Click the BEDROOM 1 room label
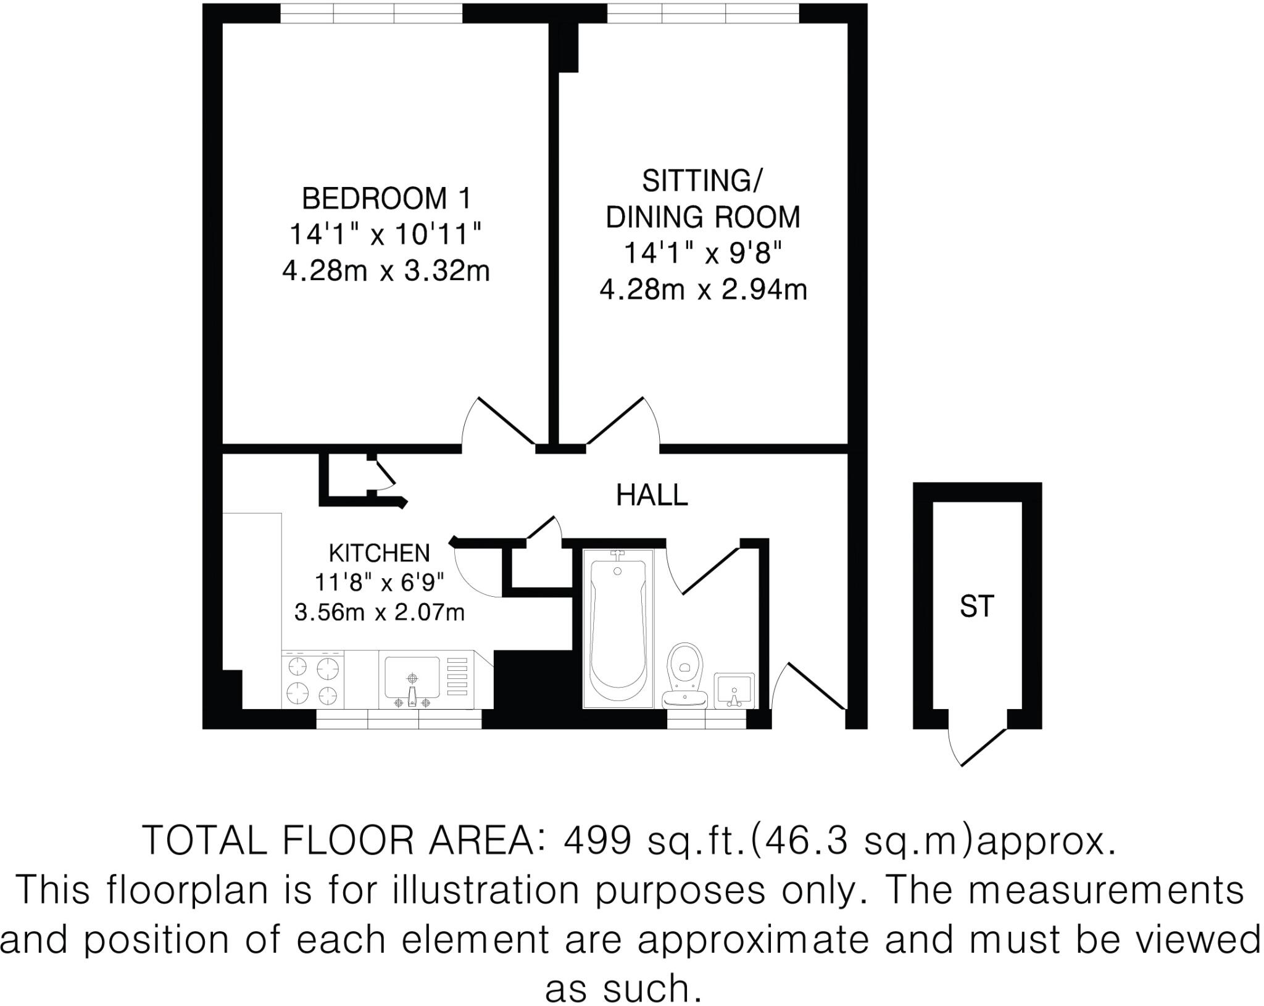(386, 199)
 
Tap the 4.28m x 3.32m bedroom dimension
(386, 271)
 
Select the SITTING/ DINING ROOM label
(702, 199)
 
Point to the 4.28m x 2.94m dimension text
(703, 289)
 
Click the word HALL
(652, 495)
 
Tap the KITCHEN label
(379, 554)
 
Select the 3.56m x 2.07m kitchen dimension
(379, 613)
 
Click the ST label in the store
(976, 607)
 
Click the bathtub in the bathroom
(618, 626)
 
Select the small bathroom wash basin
(734, 691)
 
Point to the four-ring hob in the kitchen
(314, 681)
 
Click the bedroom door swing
(494, 423)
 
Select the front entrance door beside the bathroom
(809, 688)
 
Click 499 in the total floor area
(598, 840)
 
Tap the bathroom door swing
(704, 571)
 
